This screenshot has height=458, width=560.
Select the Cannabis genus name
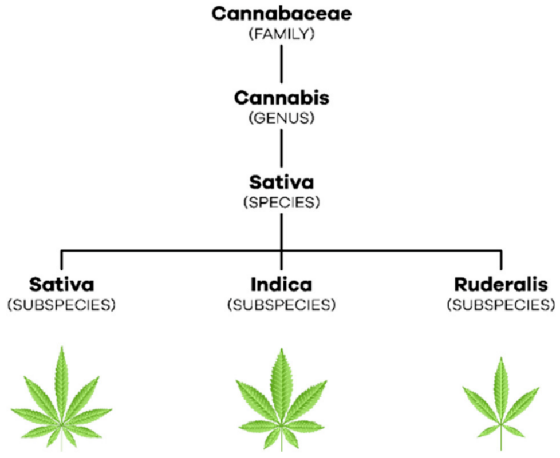281,98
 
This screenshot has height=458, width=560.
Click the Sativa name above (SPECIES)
281,183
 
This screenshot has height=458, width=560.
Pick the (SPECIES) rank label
281,204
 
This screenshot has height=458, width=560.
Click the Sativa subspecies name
61,284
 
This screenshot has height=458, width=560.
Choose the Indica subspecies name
281,284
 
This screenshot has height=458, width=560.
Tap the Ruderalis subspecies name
500,284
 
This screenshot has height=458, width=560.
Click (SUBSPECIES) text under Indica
281,305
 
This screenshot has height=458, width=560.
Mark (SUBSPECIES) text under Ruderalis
500,305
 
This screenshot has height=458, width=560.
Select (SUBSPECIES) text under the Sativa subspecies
61,305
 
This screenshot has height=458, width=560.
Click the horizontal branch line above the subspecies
172,250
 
